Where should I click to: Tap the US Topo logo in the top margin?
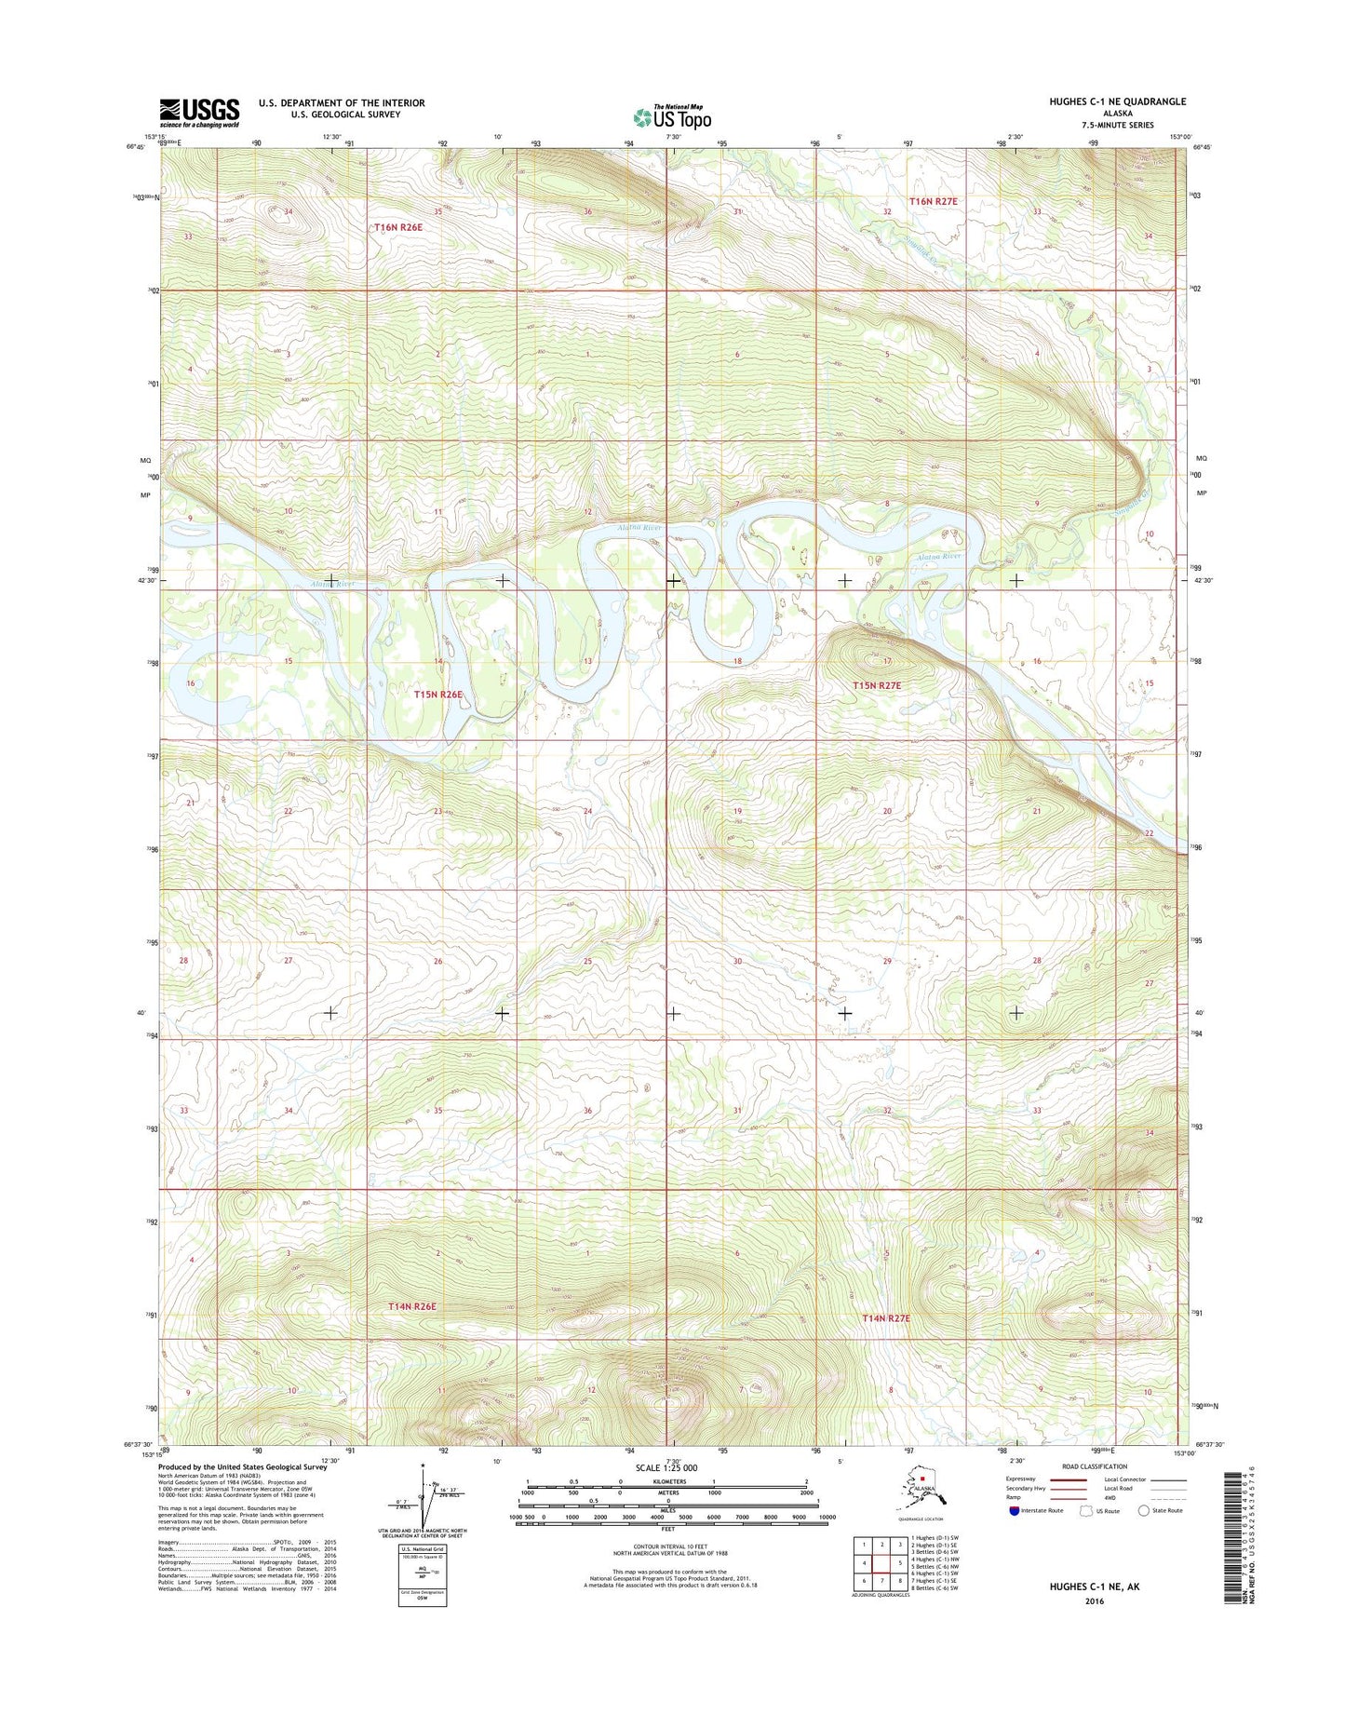tap(672, 117)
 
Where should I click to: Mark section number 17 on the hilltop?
tap(887, 661)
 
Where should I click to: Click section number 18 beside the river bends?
tap(736, 661)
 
